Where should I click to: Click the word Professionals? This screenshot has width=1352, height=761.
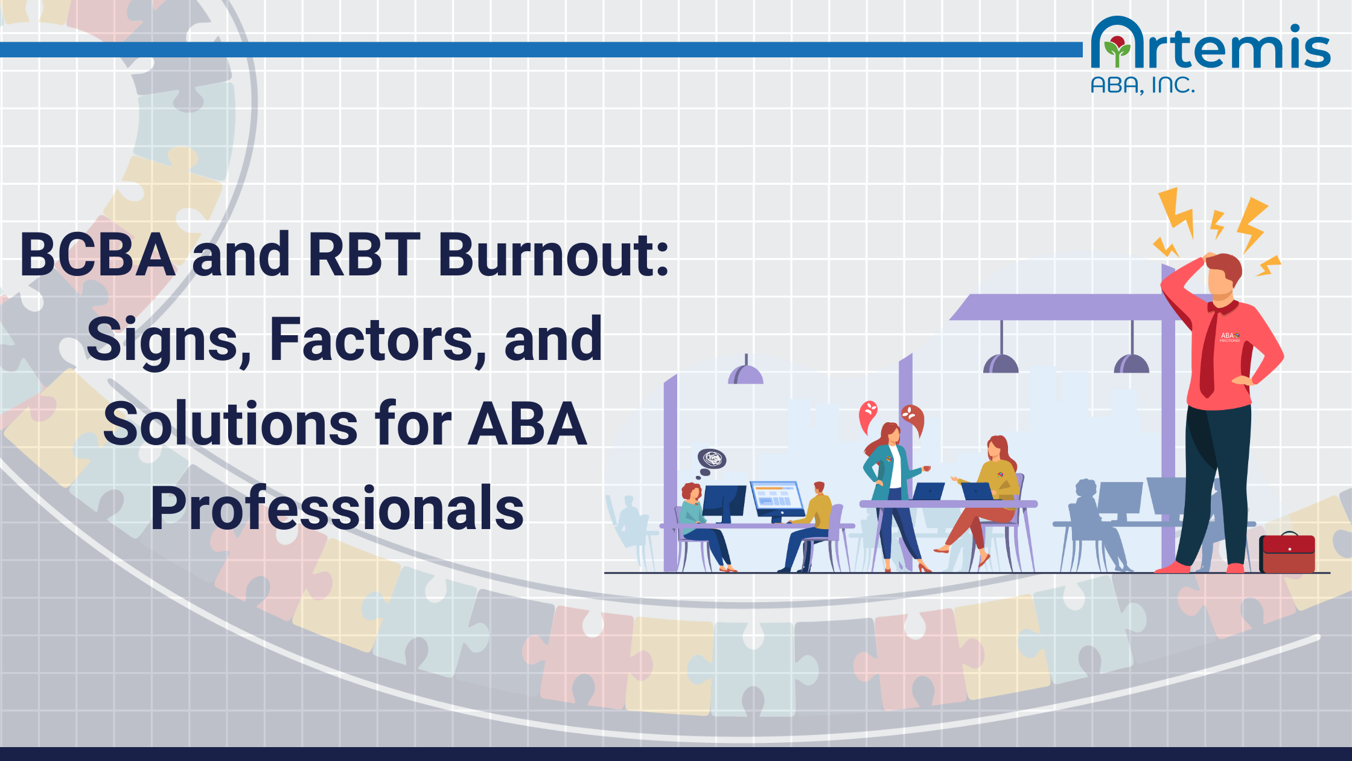click(x=337, y=509)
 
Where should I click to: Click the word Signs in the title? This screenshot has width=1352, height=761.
click(x=169, y=341)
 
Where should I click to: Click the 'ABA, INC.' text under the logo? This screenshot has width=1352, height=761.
click(x=1143, y=86)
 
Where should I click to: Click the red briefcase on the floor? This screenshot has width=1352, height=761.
click(x=1287, y=553)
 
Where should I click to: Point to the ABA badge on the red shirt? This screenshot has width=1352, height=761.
click(x=1229, y=336)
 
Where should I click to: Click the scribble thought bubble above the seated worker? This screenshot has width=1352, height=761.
click(x=712, y=459)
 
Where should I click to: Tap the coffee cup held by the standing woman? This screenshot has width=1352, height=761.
click(x=926, y=469)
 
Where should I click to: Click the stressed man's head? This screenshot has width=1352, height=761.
click(x=1222, y=275)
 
